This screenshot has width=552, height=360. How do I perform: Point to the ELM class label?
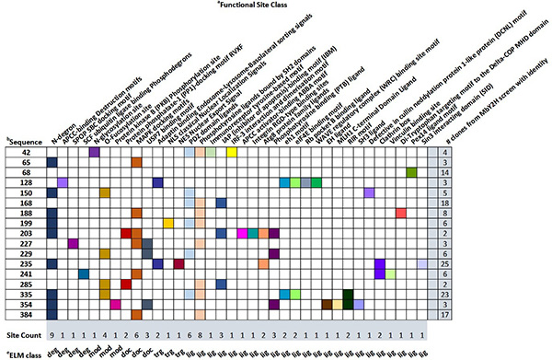pos(22,353)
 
